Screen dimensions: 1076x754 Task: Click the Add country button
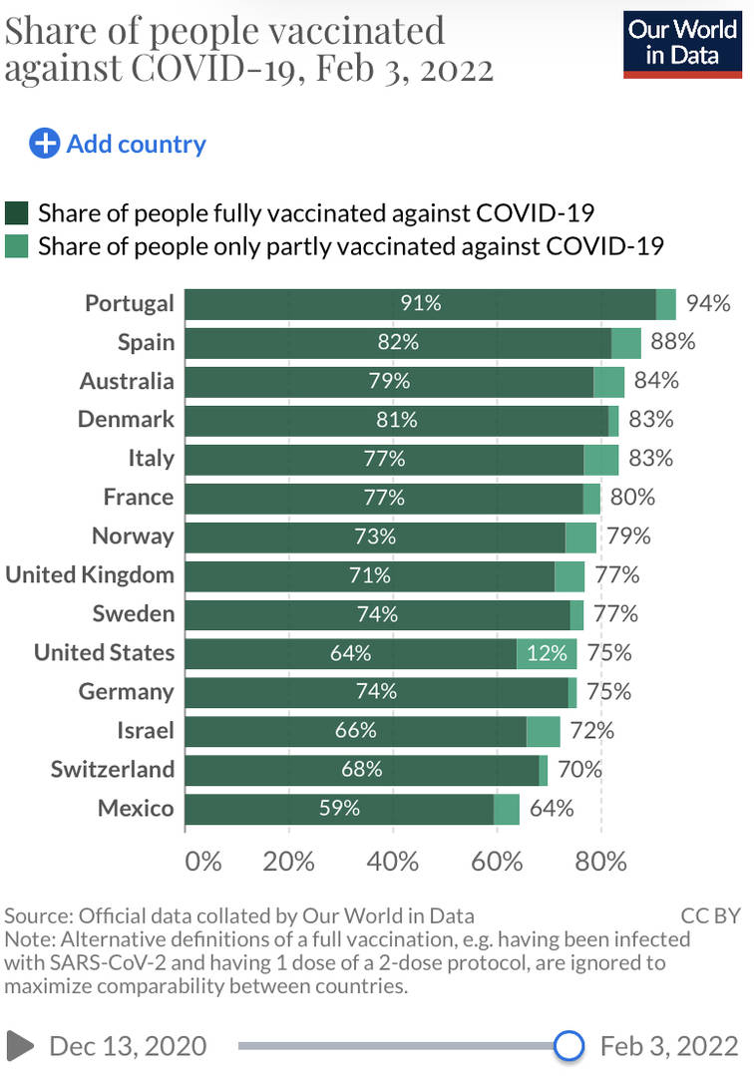coord(118,144)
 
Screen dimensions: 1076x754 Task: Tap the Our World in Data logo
coord(682,43)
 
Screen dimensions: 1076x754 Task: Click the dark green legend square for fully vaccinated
coord(17,212)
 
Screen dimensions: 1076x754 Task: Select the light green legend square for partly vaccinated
coord(17,245)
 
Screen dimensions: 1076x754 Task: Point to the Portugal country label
coord(130,303)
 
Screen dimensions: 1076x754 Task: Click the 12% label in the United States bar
coord(547,653)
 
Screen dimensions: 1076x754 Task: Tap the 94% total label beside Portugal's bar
coord(708,303)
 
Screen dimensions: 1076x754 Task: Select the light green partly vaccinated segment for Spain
coord(625,342)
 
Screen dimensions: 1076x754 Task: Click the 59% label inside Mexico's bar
coord(339,808)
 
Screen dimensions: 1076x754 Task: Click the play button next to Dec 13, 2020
coord(19,1045)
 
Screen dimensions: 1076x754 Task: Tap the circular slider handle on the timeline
coord(568,1045)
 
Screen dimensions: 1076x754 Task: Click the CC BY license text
coord(709,914)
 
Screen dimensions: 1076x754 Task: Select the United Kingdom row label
coord(90,574)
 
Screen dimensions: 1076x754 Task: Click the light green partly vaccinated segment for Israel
coord(543,731)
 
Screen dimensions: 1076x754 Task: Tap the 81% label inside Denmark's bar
coord(397,420)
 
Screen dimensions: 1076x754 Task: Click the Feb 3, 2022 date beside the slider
coord(669,1045)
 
